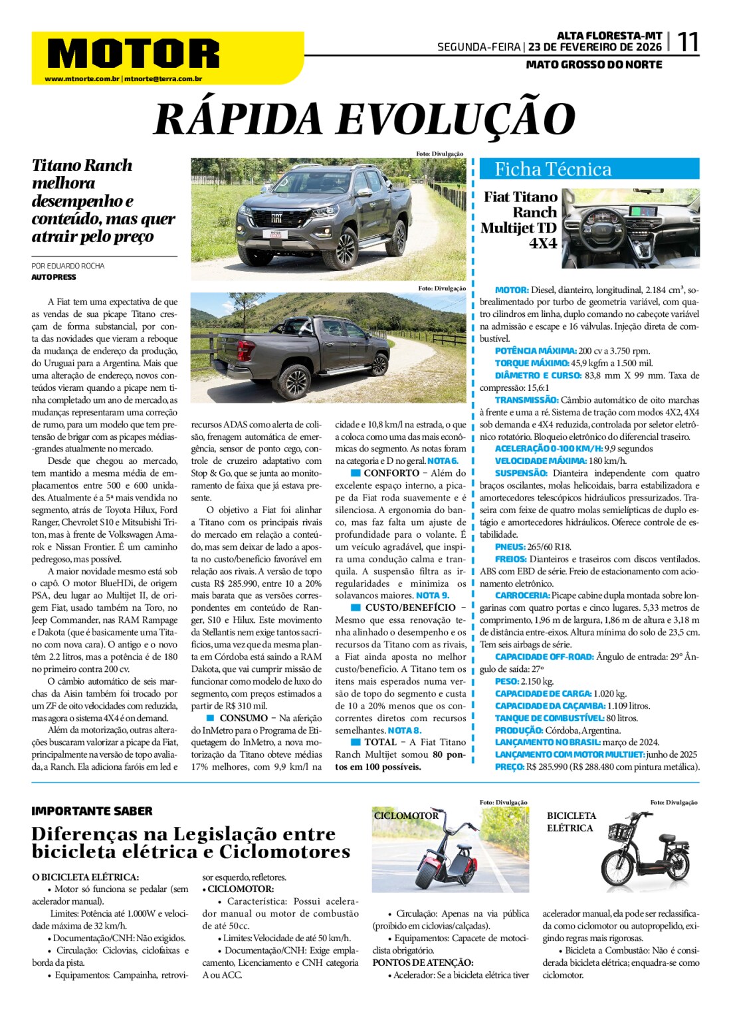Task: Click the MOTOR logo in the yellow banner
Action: (x=133, y=53)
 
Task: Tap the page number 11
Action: (x=687, y=43)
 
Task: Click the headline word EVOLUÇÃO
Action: (x=456, y=120)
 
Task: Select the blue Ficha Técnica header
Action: (x=589, y=169)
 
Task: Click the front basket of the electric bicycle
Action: (x=620, y=832)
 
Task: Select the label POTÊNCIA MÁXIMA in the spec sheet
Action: (x=535, y=351)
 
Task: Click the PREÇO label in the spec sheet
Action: (x=509, y=766)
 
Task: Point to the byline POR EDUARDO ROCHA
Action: (x=68, y=266)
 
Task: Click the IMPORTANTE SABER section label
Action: (x=92, y=811)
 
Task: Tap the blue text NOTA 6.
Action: (x=443, y=461)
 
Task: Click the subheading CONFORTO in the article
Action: (x=391, y=473)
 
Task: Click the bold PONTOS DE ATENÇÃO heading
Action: (x=423, y=962)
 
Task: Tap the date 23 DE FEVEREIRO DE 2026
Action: (x=595, y=47)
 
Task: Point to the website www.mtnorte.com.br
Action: (x=82, y=79)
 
